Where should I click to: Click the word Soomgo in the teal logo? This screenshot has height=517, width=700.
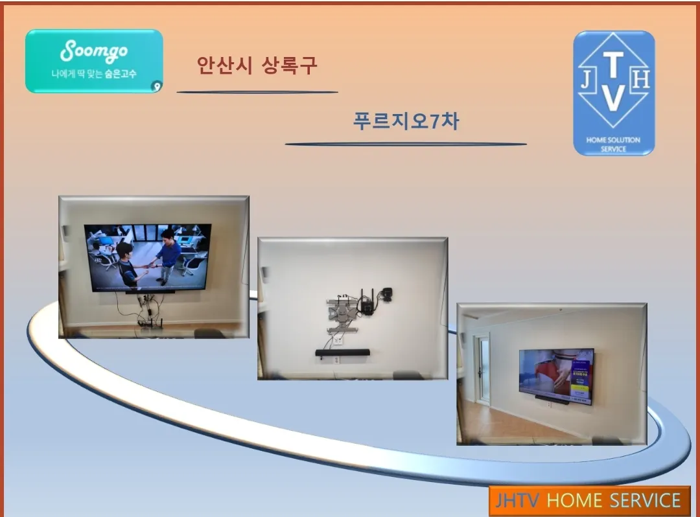(x=94, y=51)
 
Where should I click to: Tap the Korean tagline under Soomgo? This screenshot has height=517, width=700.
(x=94, y=74)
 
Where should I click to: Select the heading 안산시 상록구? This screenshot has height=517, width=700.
(x=257, y=65)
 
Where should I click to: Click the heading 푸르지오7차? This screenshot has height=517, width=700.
(x=406, y=121)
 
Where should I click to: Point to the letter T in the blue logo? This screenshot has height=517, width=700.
(x=614, y=63)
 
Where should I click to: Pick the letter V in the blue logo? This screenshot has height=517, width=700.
(x=614, y=98)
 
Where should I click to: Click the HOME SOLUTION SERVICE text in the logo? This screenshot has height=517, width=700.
(x=613, y=144)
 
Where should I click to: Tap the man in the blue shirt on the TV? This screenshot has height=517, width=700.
(x=168, y=253)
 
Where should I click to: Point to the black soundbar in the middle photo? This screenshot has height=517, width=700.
(x=342, y=352)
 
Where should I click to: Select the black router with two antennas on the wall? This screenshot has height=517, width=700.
(x=367, y=303)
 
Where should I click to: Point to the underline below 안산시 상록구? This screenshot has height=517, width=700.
(x=257, y=92)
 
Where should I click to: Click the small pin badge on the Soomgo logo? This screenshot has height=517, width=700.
(x=156, y=86)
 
